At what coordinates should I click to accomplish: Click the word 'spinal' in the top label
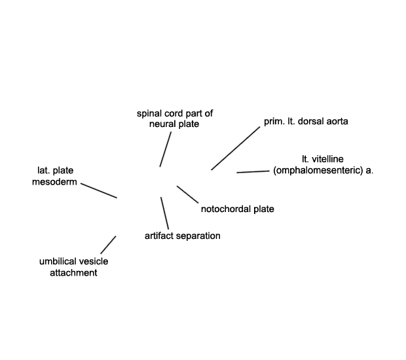coord(149,114)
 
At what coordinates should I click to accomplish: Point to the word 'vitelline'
coord(327,159)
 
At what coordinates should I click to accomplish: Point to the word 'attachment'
coord(73,273)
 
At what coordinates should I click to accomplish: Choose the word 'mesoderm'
coord(54,182)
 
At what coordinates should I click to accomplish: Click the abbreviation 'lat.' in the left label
coord(44,171)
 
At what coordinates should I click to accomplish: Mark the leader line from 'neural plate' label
coord(166,149)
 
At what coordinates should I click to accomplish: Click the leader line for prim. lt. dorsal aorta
coord(236,149)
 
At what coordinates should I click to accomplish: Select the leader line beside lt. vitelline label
coord(253,172)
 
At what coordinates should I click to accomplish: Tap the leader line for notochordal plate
coord(188,194)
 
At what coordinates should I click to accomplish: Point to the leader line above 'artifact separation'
coord(164,213)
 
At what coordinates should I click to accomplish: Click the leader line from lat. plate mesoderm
coord(99,190)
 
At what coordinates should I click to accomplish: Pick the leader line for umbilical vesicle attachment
coord(108,245)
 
